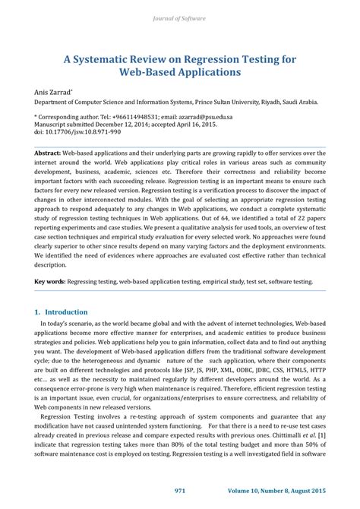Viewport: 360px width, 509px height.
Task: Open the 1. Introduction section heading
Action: (62, 311)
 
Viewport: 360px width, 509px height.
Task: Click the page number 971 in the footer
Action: (180, 492)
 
